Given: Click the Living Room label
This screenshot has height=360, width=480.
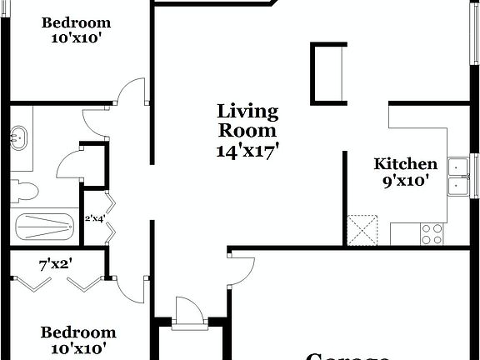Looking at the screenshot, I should point(247,121).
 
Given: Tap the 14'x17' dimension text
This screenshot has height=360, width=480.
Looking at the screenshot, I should point(247,150).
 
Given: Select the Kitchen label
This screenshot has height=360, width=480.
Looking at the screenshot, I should point(405,164).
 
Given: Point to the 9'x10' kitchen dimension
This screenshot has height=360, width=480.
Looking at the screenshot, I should point(405,180).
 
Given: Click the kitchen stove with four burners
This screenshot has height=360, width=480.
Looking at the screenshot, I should point(432,234).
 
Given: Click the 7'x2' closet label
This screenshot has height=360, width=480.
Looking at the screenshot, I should point(55,266).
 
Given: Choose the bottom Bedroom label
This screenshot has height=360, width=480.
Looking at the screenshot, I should point(78,332).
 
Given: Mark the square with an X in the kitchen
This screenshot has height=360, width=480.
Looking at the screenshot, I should point(363,230).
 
